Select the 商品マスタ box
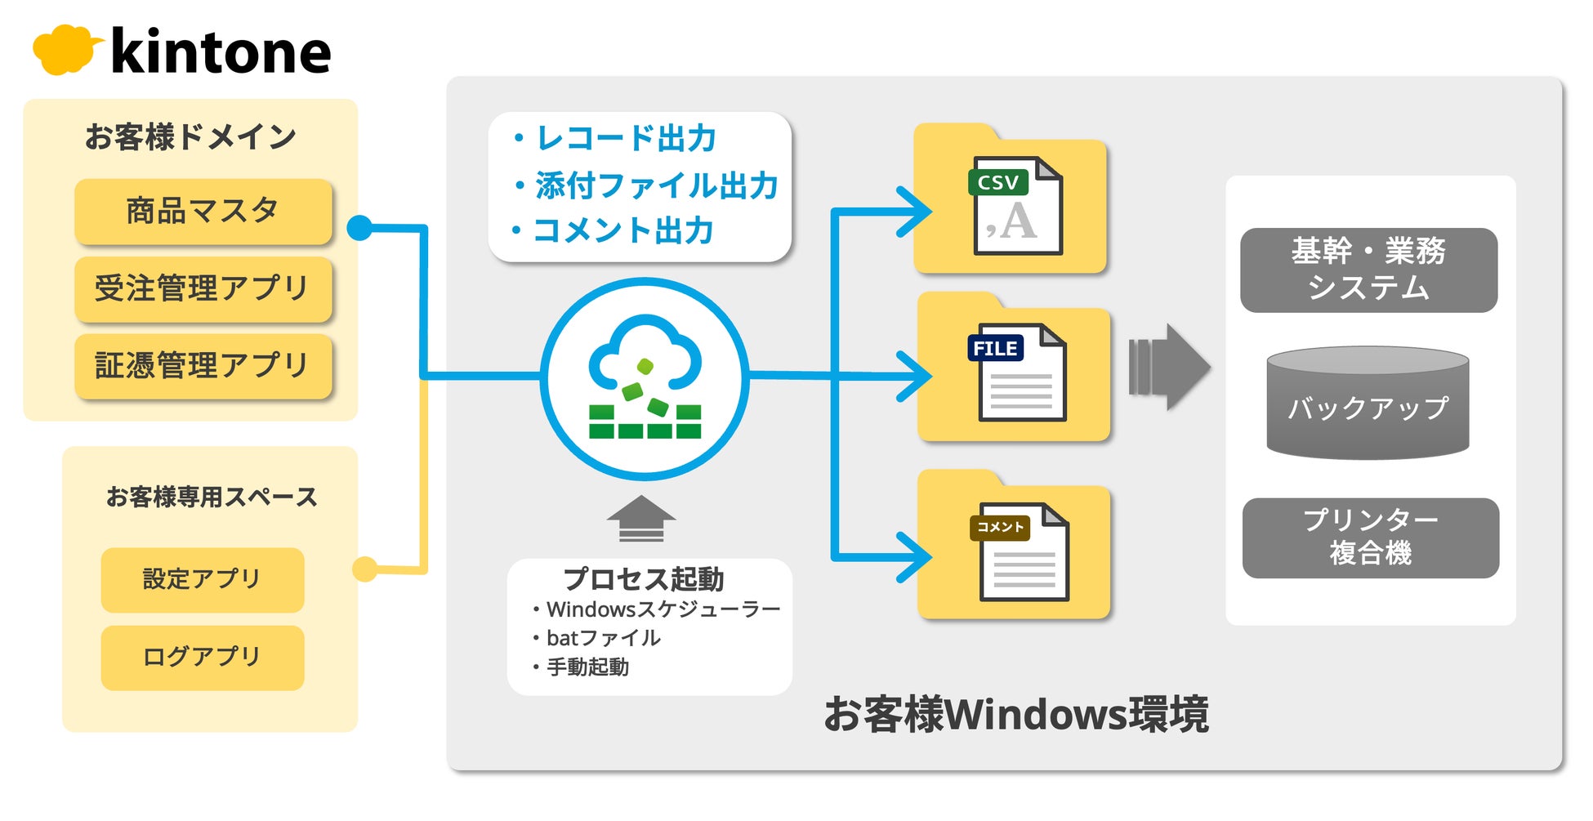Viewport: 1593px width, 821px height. [203, 211]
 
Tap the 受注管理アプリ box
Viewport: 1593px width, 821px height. [203, 288]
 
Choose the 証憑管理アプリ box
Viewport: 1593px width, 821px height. [203, 366]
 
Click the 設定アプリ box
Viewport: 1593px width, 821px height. [203, 579]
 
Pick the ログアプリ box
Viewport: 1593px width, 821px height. [203, 658]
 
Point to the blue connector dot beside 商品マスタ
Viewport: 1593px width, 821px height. [359, 228]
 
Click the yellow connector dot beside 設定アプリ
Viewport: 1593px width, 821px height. [364, 569]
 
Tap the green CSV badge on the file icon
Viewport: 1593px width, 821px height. [997, 182]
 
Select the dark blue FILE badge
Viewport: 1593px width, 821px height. [995, 348]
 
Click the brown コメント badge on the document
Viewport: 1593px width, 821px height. [1000, 527]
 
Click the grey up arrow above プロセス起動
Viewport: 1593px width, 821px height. [641, 518]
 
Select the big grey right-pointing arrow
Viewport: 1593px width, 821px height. [1169, 368]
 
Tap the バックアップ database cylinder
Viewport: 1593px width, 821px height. [1368, 403]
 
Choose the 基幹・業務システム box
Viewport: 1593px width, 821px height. [1368, 270]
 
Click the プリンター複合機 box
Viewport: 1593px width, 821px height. [1371, 538]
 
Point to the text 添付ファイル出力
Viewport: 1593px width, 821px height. [657, 185]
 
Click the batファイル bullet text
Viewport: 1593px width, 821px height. [603, 638]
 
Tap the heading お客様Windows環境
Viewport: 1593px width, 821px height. [1015, 714]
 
